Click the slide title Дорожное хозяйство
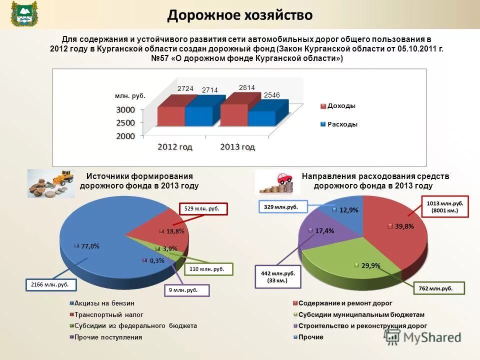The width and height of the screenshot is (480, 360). click(239, 15)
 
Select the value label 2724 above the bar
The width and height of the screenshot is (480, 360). click(185, 88)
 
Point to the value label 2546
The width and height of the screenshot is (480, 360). click(271, 95)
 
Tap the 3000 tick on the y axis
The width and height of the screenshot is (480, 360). click(126, 110)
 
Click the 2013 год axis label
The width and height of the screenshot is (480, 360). click(237, 147)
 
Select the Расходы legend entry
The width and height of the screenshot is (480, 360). click(342, 124)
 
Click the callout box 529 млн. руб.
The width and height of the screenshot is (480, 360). click(203, 208)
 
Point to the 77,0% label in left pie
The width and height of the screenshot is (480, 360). click(89, 246)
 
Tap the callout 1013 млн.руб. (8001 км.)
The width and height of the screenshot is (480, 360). click(445, 207)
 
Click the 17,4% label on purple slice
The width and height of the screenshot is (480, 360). click(324, 231)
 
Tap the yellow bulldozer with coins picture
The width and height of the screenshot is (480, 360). click(50, 183)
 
